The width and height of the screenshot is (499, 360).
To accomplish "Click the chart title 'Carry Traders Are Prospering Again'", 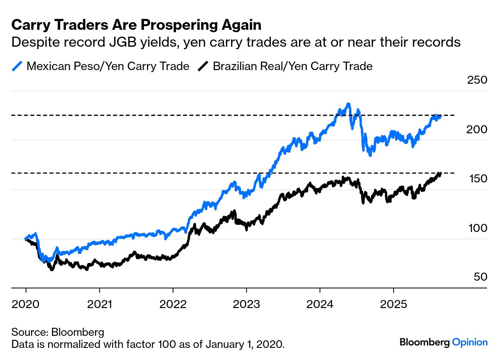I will click(x=136, y=25).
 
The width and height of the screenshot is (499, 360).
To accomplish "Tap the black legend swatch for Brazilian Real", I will click(x=204, y=66).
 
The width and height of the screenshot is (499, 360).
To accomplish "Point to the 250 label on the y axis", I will click(x=477, y=80).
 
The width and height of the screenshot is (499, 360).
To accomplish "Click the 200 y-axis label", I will click(x=477, y=129).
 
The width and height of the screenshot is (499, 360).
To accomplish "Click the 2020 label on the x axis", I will click(x=26, y=304).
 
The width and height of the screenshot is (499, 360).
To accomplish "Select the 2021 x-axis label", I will click(x=99, y=304).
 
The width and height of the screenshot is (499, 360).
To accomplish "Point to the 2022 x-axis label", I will click(x=173, y=304).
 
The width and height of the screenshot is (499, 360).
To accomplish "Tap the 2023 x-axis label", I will click(x=246, y=304).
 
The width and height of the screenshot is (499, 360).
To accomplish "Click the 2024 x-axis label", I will click(x=320, y=304).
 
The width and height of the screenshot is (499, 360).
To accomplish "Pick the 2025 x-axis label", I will click(x=393, y=304).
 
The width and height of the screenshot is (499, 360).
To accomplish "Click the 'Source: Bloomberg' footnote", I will click(x=58, y=332).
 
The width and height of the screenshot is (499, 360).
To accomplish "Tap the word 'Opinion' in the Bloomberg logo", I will click(x=470, y=342).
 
